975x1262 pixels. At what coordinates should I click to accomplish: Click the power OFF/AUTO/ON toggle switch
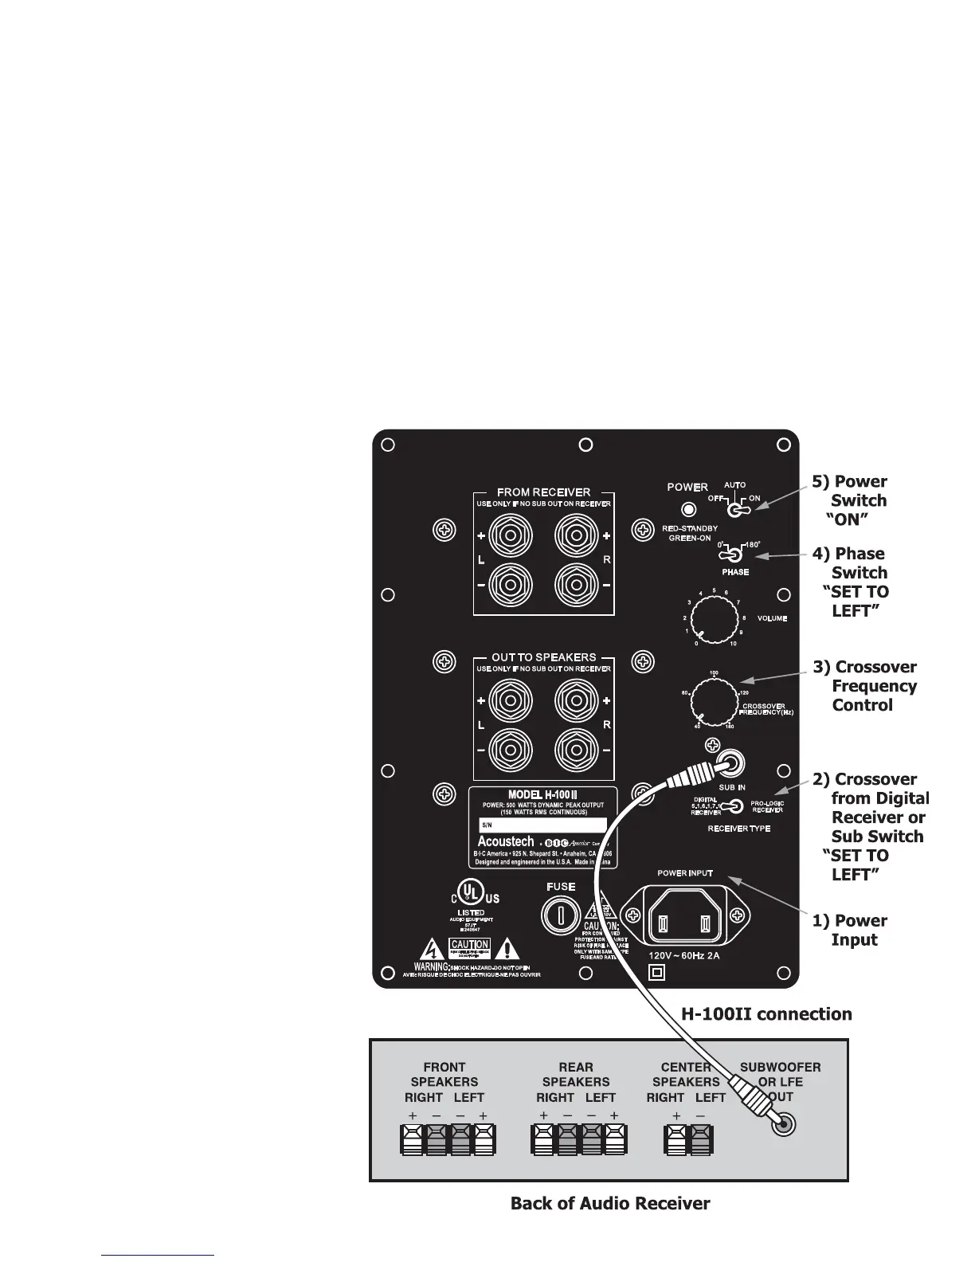pyautogui.click(x=737, y=508)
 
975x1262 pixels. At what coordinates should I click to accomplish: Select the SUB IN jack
pyautogui.click(x=731, y=764)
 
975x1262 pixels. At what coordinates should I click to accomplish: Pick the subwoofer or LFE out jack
pyautogui.click(x=783, y=1125)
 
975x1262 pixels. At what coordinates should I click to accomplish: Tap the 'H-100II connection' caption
pyautogui.click(x=766, y=1013)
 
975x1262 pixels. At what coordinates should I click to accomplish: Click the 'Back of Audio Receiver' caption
pyautogui.click(x=610, y=1203)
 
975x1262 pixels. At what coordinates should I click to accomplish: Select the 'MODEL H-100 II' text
pyautogui.click(x=542, y=794)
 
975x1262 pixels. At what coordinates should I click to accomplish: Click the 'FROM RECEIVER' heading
pyautogui.click(x=543, y=492)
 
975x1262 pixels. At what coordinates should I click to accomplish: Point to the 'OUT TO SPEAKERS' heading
pyautogui.click(x=543, y=657)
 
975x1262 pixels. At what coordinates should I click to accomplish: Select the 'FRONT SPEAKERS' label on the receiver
pyautogui.click(x=444, y=1074)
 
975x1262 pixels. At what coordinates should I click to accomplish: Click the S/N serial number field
pyautogui.click(x=542, y=825)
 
